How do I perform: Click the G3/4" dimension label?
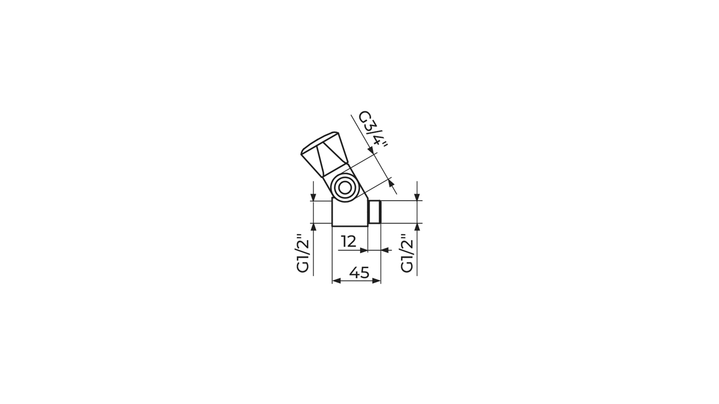373,130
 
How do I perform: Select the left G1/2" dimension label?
303,254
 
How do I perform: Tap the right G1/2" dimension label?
407,254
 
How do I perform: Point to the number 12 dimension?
349,242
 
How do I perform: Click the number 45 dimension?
359,273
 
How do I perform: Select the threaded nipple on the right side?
374,212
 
